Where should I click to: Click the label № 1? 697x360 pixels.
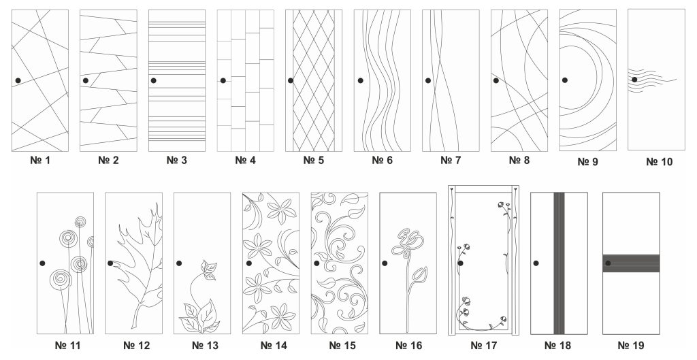[x=40, y=160]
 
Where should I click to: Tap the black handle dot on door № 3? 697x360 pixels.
[x=153, y=80]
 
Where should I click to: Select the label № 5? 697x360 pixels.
[x=313, y=160]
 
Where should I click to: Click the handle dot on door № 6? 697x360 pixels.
[x=361, y=80]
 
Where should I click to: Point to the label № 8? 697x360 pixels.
[x=519, y=160]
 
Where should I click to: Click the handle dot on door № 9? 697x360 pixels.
[x=564, y=80]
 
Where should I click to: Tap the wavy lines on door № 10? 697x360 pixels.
[x=652, y=81]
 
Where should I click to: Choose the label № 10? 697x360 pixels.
[x=659, y=162]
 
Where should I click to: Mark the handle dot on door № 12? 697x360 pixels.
[x=110, y=263]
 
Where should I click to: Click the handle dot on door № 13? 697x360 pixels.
[x=179, y=263]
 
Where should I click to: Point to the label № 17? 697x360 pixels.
[x=484, y=345]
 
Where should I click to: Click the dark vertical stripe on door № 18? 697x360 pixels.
[x=559, y=263]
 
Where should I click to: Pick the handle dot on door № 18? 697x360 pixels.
[x=536, y=263]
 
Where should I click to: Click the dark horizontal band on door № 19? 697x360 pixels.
[x=631, y=263]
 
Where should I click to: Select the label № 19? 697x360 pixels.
[x=631, y=345]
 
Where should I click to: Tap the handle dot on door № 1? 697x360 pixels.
[x=18, y=80]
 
